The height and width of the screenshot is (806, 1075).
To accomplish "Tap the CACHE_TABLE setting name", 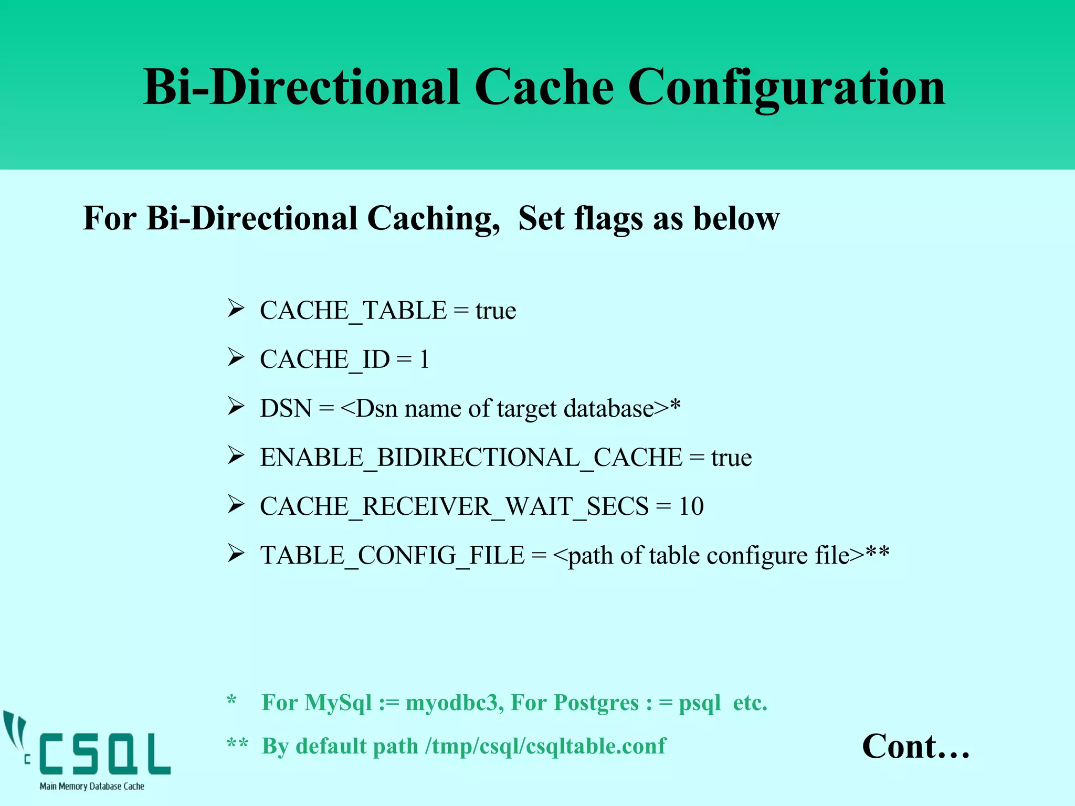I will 353,311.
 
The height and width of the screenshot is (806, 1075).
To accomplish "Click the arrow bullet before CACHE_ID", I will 236,358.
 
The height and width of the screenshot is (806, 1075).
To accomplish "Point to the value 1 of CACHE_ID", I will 424,360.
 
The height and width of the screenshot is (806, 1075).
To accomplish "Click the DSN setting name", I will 286,409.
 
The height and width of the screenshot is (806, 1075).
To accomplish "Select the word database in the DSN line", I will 609,409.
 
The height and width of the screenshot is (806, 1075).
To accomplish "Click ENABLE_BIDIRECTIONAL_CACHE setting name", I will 471,458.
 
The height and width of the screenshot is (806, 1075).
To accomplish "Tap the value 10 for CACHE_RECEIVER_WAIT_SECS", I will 691,507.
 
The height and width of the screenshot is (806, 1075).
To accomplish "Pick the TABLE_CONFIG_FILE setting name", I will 392,556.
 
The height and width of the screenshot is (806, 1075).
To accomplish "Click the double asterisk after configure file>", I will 878,553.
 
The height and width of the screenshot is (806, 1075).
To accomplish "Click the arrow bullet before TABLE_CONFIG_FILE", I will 236,554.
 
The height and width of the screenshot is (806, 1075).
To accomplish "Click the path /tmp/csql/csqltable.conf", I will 545,746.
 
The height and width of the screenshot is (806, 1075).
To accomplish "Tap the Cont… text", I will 915,747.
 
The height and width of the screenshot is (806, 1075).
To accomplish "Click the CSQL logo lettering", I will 105,754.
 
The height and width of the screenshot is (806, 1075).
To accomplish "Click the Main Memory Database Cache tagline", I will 92,786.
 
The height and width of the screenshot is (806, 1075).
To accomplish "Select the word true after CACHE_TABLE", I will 496,311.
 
